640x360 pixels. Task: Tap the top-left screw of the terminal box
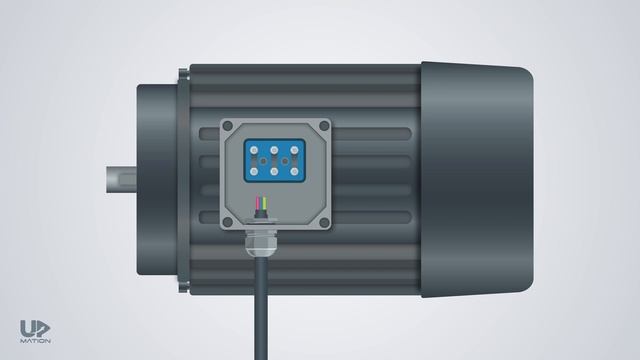[x=228, y=126]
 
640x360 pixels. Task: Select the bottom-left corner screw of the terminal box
[x=228, y=222]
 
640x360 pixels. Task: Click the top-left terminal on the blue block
[x=255, y=150]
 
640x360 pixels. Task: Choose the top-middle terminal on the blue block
[x=275, y=150]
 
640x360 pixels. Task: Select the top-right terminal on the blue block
[x=295, y=150]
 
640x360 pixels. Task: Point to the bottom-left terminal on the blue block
[x=255, y=170]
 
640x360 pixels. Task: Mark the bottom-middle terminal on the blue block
[x=275, y=170]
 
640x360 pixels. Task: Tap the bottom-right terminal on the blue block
[x=295, y=170]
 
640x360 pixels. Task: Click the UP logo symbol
[x=35, y=328]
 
